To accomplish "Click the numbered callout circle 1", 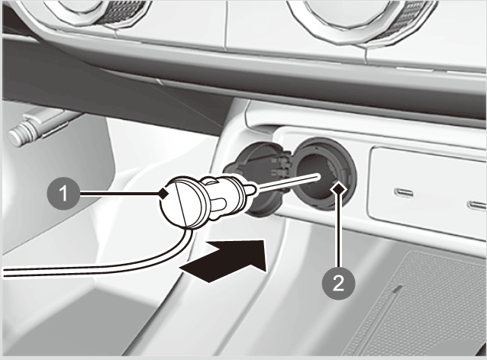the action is tap(63, 194).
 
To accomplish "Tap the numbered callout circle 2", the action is tap(339, 283).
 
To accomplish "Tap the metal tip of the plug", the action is tap(251, 190).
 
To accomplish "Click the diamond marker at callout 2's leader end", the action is tap(339, 188).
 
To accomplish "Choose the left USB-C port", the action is tap(404, 193).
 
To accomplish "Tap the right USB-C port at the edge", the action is tap(477, 205).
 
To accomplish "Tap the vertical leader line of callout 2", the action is tap(339, 230).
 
